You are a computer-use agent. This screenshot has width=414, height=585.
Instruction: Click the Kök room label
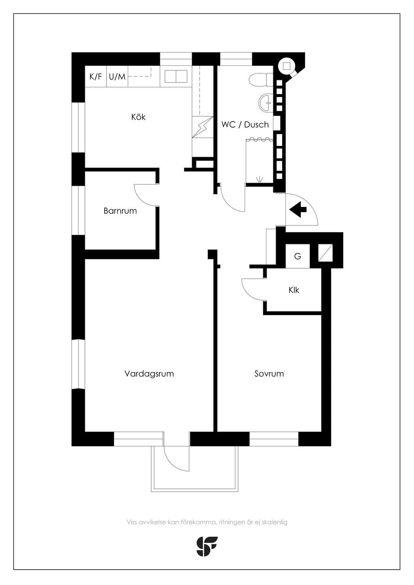[138, 117]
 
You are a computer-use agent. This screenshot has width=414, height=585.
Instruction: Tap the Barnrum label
[120, 211]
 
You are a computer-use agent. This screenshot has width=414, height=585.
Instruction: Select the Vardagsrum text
[149, 374]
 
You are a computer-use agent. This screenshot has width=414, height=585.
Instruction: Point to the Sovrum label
[269, 374]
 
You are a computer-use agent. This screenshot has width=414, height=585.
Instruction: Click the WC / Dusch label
[245, 124]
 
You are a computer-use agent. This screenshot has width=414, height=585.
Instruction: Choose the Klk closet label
[294, 290]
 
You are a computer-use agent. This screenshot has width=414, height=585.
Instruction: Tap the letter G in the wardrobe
[298, 256]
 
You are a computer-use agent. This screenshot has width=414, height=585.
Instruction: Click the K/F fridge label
[96, 76]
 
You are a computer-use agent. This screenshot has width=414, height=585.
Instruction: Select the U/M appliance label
[117, 76]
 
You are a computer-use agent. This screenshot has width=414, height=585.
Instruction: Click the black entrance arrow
[298, 209]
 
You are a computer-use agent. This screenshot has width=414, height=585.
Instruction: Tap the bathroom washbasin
[266, 102]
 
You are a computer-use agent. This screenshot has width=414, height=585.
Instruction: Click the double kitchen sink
[176, 76]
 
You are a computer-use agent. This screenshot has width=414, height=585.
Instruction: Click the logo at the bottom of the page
[207, 546]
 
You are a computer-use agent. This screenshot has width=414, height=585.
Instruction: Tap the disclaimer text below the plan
[207, 522]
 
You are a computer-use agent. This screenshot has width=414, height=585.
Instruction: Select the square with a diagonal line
[325, 253]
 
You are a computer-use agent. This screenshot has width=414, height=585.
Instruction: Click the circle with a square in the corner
[287, 66]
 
